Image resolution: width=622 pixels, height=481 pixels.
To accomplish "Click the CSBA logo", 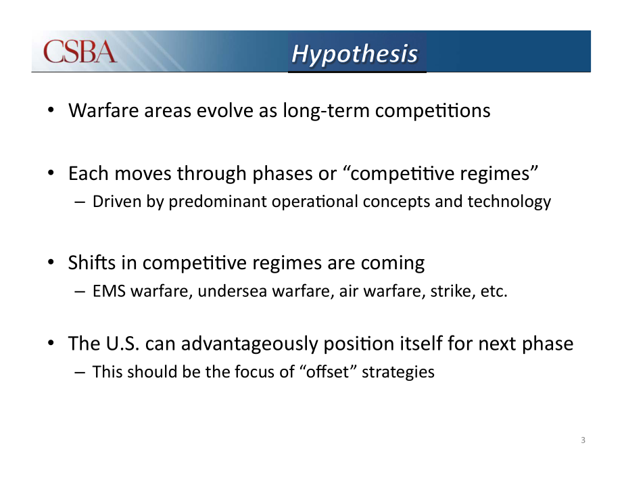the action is click(x=80, y=51).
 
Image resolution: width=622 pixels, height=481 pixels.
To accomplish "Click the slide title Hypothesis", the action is click(x=355, y=54).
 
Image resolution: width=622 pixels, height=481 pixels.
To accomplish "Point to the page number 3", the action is click(x=583, y=440).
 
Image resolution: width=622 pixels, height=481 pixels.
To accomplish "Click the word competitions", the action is click(x=433, y=111).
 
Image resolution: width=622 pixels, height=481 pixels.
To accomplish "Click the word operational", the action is click(x=314, y=202).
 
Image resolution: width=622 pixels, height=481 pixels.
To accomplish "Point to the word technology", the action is click(x=509, y=202).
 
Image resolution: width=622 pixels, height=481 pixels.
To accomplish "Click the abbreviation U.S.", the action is click(x=122, y=343).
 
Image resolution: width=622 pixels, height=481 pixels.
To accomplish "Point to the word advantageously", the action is click(x=249, y=344).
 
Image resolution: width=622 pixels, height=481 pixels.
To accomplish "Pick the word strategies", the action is click(x=398, y=373).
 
